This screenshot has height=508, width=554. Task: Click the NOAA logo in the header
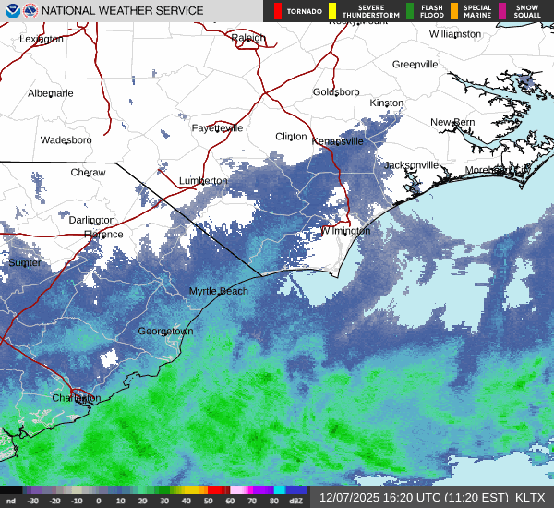11,11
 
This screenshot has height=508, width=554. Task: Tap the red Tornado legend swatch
276,11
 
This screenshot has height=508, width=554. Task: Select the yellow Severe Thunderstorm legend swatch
332,11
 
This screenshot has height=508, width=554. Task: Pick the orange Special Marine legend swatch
454,11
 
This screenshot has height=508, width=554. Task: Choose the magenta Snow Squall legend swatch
502,11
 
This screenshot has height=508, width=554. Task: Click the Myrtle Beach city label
219,291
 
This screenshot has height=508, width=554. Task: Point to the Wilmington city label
345,231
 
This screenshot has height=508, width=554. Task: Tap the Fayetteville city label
217,128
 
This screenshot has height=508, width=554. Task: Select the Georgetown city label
165,331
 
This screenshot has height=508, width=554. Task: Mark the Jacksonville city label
411,165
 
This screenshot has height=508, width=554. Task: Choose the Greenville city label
415,65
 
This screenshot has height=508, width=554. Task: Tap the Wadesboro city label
66,140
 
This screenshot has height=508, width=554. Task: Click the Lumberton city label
202,181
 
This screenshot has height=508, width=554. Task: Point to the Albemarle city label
50,93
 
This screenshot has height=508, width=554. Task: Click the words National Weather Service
121,11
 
